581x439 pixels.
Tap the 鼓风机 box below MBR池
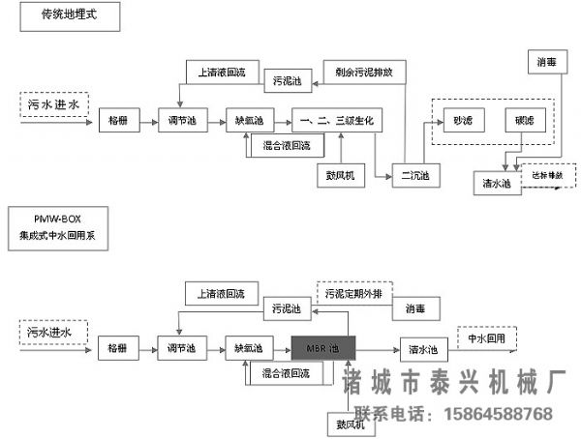(343, 424)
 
